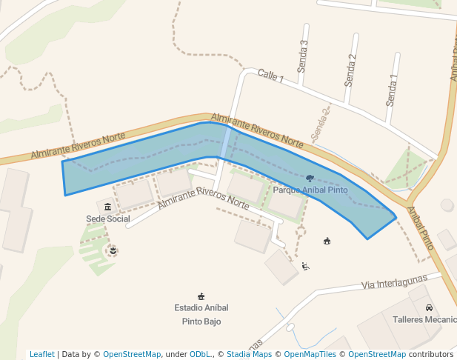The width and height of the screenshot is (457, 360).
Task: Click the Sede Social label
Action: click(x=108, y=219)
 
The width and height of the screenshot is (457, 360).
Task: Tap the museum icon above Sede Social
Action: click(x=108, y=207)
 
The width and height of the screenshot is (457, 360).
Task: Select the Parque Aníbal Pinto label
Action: click(x=310, y=190)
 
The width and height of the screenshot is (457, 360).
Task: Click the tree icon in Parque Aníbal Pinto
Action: click(x=310, y=179)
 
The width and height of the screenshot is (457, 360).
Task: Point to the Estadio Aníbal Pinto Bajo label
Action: click(x=201, y=314)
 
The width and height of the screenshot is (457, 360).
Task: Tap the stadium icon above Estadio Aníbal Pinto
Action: click(x=201, y=296)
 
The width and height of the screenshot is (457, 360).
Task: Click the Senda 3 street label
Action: click(x=302, y=56)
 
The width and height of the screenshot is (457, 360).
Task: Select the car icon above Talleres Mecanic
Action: click(x=429, y=307)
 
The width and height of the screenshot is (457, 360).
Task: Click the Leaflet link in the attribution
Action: click(x=41, y=354)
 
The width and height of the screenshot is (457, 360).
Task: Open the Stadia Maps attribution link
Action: click(x=249, y=354)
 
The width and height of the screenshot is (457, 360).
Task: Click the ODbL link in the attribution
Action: click(x=201, y=354)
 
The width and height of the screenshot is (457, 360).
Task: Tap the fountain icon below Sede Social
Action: click(x=113, y=251)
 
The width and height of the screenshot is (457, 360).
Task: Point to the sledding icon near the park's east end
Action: click(x=305, y=266)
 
